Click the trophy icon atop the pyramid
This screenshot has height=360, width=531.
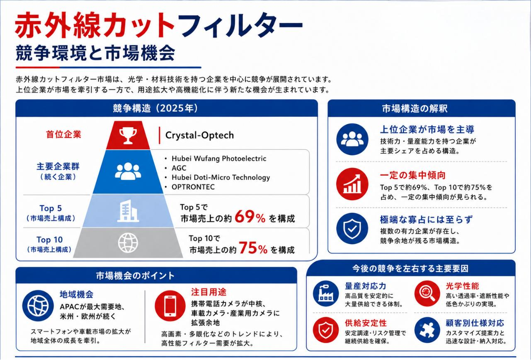click(x=128, y=135)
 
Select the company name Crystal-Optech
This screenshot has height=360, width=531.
click(x=200, y=135)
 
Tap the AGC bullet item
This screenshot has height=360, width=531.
click(x=179, y=168)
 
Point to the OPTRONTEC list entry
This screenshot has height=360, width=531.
click(x=193, y=187)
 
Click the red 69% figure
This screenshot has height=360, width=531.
click(x=250, y=217)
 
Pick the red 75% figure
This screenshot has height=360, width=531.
click(x=253, y=248)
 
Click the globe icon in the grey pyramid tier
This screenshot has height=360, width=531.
click(x=128, y=243)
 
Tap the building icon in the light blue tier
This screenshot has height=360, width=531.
click(x=128, y=211)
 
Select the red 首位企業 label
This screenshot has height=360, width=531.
click(x=63, y=134)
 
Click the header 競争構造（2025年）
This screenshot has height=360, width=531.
click(x=155, y=108)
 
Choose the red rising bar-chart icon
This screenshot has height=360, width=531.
click(x=352, y=184)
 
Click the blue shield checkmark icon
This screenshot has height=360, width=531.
click(x=352, y=229)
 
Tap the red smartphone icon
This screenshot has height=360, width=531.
click(x=170, y=306)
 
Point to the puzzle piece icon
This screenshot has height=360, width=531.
click(x=427, y=330)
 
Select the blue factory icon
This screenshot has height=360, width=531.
click(x=326, y=293)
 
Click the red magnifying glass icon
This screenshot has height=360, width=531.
click(x=427, y=293)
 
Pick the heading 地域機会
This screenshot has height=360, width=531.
click(x=77, y=295)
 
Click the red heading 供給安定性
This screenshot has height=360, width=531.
click(x=366, y=323)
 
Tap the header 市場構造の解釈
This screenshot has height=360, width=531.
click(x=415, y=109)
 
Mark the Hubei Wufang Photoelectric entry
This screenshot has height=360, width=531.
click(x=219, y=158)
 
